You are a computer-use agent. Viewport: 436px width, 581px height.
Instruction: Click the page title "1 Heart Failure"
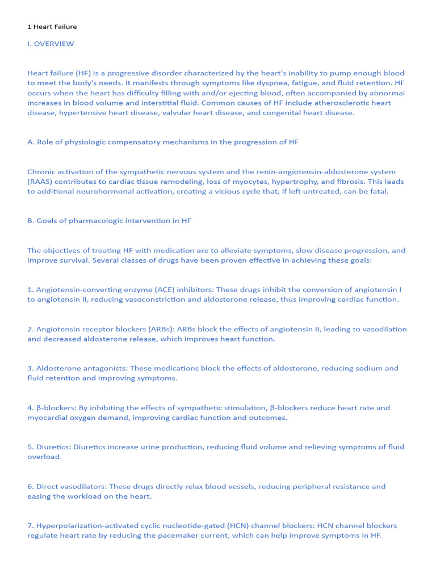[52, 27]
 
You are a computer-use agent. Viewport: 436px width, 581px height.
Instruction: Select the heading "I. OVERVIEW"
[51, 44]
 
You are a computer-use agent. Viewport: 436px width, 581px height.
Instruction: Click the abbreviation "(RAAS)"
[41, 182]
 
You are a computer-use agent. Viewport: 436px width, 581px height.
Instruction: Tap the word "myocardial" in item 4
[49, 418]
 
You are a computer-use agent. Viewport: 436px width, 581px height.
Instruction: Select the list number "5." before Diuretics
[31, 447]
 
